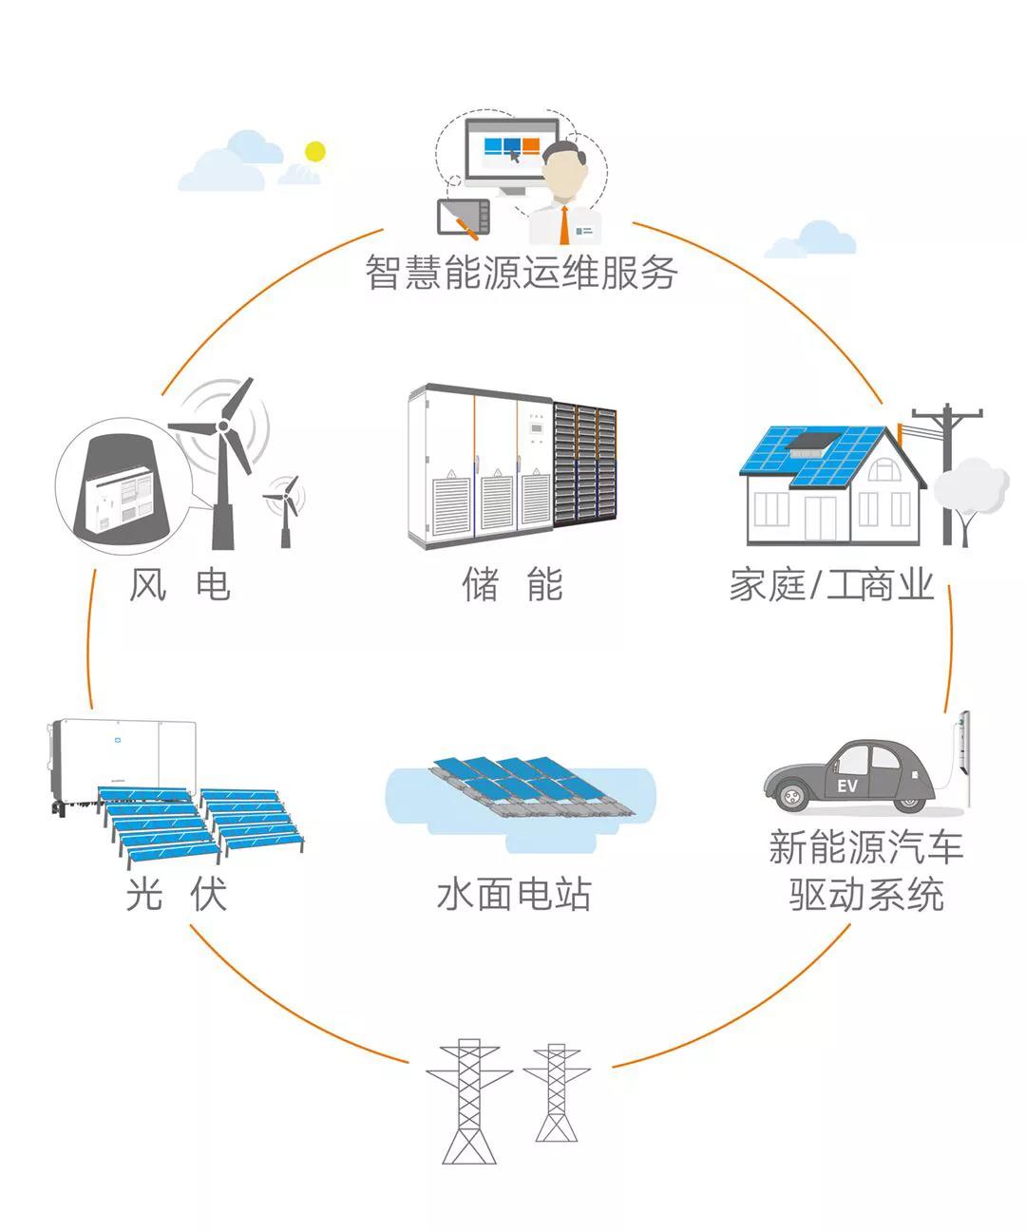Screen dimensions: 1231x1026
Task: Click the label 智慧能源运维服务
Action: point(521,273)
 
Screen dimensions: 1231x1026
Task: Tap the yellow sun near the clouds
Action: point(314,152)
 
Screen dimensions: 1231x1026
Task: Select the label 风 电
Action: point(180,584)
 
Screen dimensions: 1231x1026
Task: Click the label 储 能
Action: point(512,584)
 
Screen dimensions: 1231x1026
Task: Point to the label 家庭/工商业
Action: point(831,584)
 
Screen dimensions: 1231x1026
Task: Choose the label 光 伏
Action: point(177,894)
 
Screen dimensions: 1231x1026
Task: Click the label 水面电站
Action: point(513,894)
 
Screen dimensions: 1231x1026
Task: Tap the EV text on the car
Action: point(846,786)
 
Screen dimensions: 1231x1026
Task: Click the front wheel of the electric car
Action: point(791,793)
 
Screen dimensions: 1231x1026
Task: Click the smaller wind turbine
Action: point(284,508)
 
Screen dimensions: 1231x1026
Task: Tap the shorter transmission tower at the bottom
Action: point(556,1092)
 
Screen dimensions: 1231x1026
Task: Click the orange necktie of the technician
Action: point(564,225)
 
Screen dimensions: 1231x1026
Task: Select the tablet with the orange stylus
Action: point(463,218)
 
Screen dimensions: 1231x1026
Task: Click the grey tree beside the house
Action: point(968,494)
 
